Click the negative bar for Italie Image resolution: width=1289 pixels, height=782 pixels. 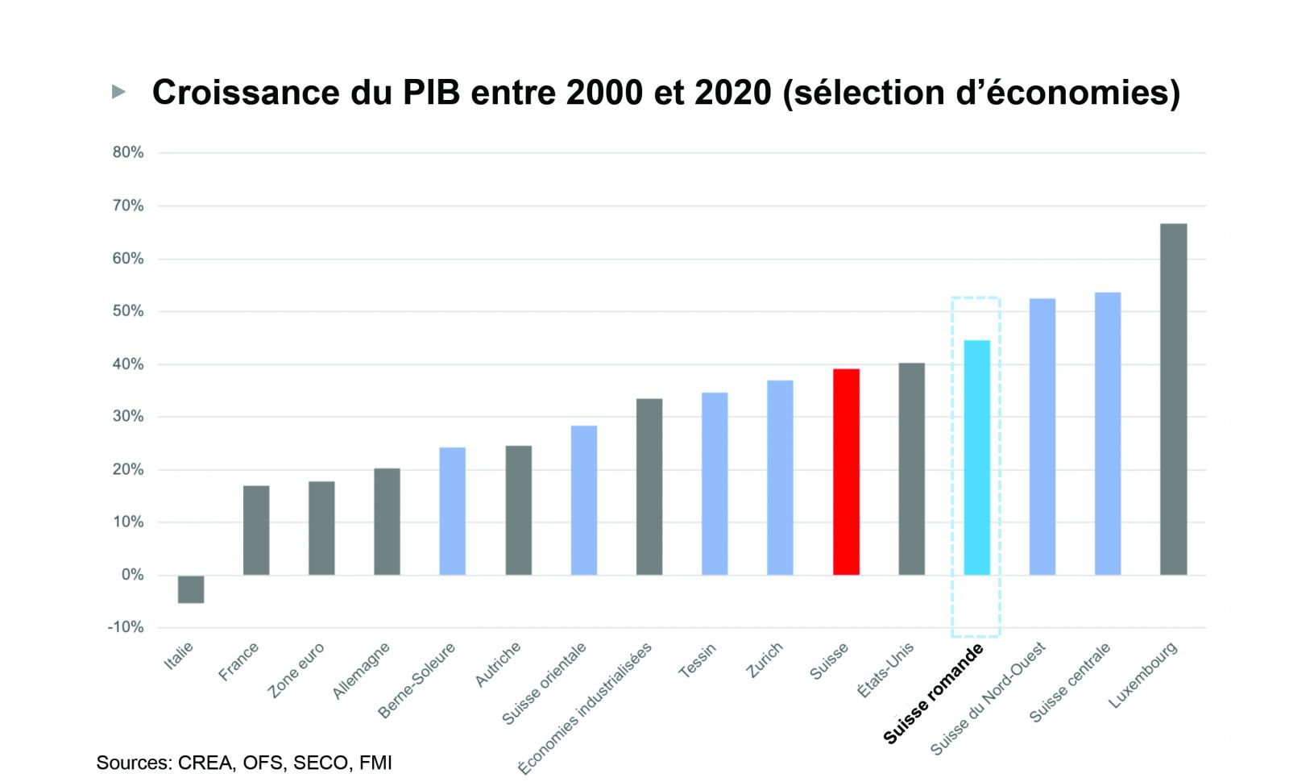pyautogui.click(x=191, y=589)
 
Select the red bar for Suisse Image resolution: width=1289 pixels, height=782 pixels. pyautogui.click(x=846, y=472)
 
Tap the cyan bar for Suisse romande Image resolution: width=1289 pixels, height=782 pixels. pyautogui.click(x=976, y=457)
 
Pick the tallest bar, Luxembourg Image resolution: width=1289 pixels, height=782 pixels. pyautogui.click(x=1173, y=399)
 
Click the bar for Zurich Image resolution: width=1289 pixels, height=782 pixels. pyautogui.click(x=780, y=477)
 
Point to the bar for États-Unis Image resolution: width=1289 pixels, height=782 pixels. pyautogui.click(x=911, y=468)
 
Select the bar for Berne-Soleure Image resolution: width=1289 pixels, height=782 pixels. pyautogui.click(x=452, y=511)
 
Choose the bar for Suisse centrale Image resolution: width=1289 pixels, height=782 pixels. pyautogui.click(x=1107, y=433)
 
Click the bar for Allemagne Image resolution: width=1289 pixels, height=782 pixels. pyautogui.click(x=387, y=521)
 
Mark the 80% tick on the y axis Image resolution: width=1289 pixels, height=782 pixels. pyautogui.click(x=128, y=152)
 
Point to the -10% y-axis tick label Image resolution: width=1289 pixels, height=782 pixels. pyautogui.click(x=126, y=627)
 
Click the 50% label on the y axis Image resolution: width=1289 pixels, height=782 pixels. pyautogui.click(x=128, y=311)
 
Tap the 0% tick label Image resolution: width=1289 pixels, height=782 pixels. pyautogui.click(x=132, y=575)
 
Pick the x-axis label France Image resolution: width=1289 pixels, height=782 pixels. pyautogui.click(x=238, y=661)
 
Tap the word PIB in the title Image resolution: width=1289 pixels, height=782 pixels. pyautogui.click(x=431, y=93)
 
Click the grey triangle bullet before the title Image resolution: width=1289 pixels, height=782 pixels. pyautogui.click(x=118, y=92)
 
